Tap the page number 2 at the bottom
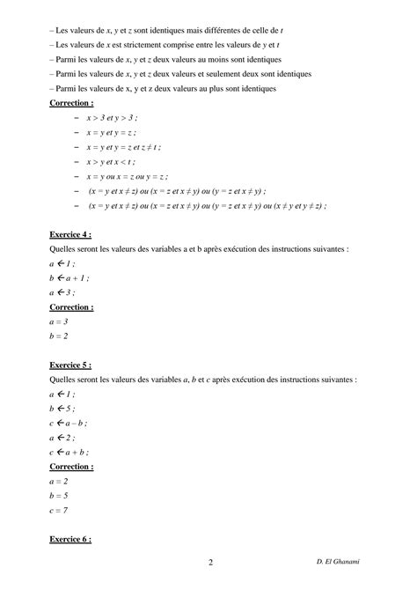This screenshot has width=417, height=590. point(210,563)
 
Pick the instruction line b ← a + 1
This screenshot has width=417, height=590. point(69,277)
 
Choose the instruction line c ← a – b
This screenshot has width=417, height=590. point(70,423)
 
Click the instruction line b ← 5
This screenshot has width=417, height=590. point(62,409)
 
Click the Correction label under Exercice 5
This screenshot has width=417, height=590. point(73,466)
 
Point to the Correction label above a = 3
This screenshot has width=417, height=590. point(73,307)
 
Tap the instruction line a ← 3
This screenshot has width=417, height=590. point(62,292)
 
